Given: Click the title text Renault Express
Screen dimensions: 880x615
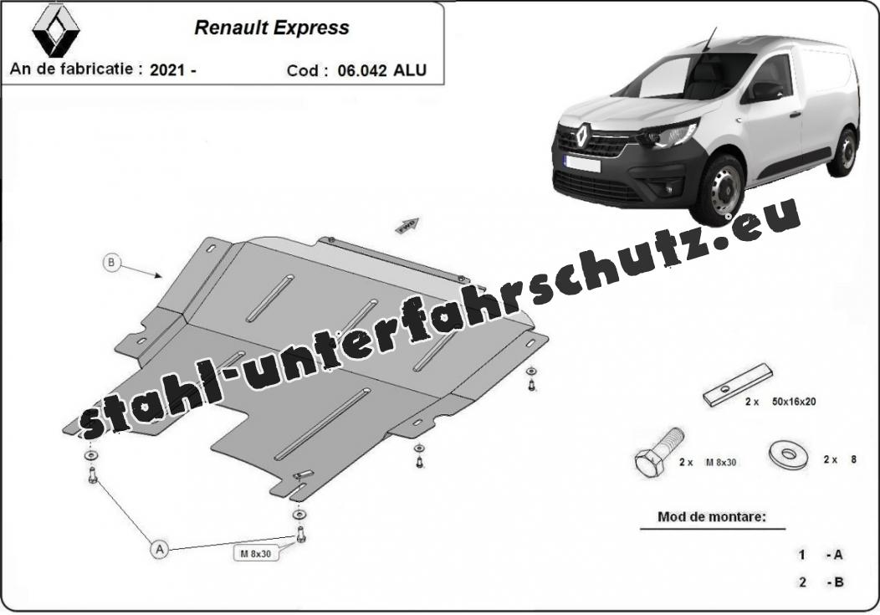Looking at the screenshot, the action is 272,28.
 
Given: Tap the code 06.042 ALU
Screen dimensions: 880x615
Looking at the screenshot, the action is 382,70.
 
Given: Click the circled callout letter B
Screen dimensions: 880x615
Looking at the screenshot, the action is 112,262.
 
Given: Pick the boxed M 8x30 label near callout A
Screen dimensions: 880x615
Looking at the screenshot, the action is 256,553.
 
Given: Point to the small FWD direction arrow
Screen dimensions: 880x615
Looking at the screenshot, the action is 407,225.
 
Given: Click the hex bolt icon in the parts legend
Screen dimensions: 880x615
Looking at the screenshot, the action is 659,453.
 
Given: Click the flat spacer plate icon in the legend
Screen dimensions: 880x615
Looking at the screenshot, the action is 738,384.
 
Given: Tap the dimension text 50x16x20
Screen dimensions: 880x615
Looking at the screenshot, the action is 794,401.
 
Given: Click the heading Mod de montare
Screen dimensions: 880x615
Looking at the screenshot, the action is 712,516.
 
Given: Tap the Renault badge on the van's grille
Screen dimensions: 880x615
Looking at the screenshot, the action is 582,135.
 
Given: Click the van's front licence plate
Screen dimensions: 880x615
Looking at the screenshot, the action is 582,163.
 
